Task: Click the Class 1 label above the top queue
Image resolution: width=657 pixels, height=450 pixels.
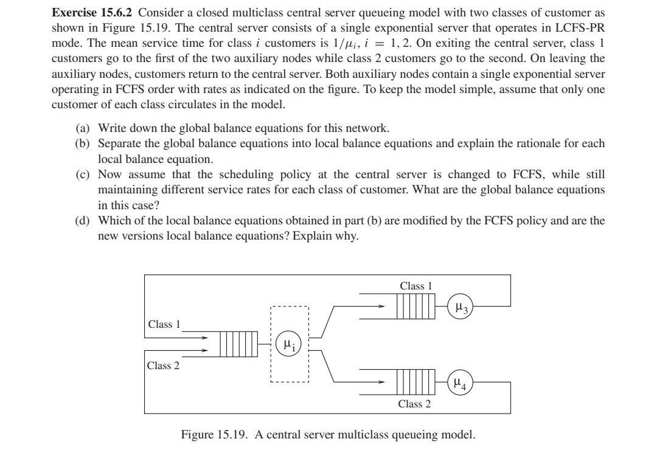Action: [x=415, y=286]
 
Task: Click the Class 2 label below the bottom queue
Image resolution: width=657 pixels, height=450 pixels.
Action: [x=414, y=404]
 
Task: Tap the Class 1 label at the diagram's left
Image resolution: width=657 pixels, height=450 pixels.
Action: [x=164, y=324]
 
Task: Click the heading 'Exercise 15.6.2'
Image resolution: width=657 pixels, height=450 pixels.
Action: [x=91, y=12]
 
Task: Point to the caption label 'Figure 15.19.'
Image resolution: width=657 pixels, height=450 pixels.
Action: [x=215, y=435]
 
